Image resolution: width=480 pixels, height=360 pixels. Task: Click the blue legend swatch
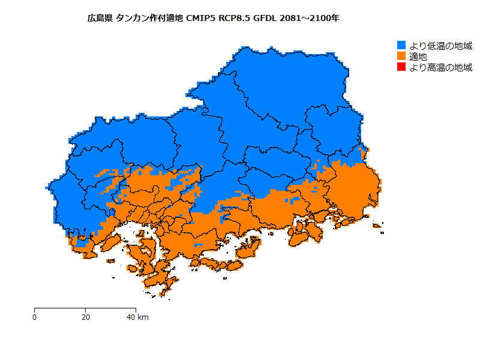click(x=402, y=45)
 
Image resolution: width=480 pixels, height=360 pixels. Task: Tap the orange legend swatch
click(x=402, y=56)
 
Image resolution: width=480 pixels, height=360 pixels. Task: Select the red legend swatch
click(x=402, y=67)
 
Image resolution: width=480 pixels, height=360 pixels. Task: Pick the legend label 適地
click(x=418, y=56)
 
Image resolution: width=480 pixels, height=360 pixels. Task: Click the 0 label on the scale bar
click(x=35, y=317)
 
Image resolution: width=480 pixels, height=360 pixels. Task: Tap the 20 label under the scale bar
click(x=86, y=317)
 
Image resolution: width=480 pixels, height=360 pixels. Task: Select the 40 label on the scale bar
click(x=131, y=317)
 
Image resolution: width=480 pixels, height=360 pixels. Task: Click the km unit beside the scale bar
click(x=143, y=317)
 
